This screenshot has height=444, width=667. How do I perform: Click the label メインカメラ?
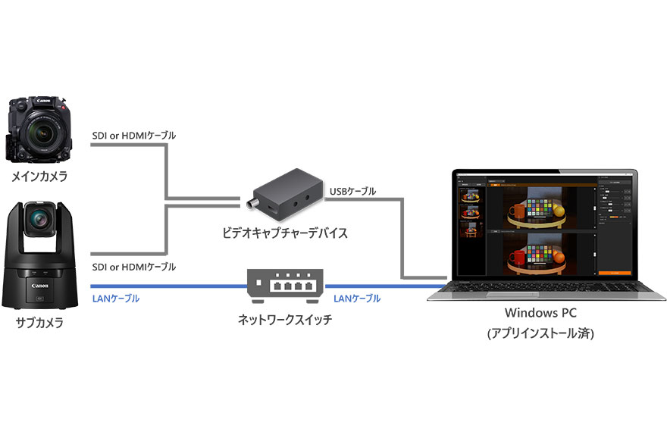39,177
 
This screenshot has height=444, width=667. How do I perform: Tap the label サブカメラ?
39,323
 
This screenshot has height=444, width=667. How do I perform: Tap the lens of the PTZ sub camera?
38,220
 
